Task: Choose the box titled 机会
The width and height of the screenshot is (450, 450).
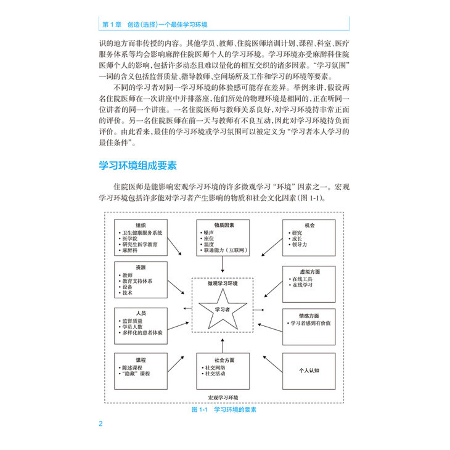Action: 309,237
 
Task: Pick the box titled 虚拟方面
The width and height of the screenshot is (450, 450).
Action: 309,283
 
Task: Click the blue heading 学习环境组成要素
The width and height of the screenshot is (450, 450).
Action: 138,166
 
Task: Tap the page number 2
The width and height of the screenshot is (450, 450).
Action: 101,423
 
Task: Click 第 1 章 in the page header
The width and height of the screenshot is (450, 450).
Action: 111,24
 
